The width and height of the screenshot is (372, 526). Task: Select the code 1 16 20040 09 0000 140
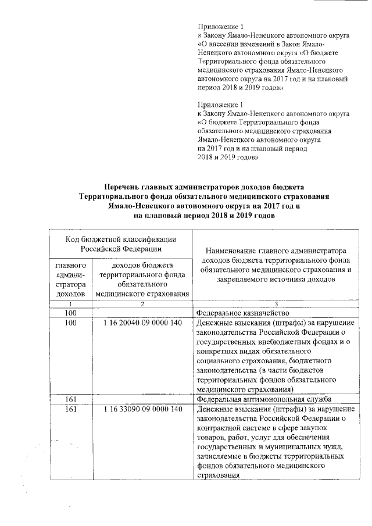click(142, 322)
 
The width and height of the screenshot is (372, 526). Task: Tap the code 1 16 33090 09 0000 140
click(142, 410)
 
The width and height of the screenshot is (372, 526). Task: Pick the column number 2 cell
click(142, 304)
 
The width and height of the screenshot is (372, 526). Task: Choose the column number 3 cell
click(276, 304)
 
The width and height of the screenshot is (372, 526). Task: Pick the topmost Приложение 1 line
click(218, 26)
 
